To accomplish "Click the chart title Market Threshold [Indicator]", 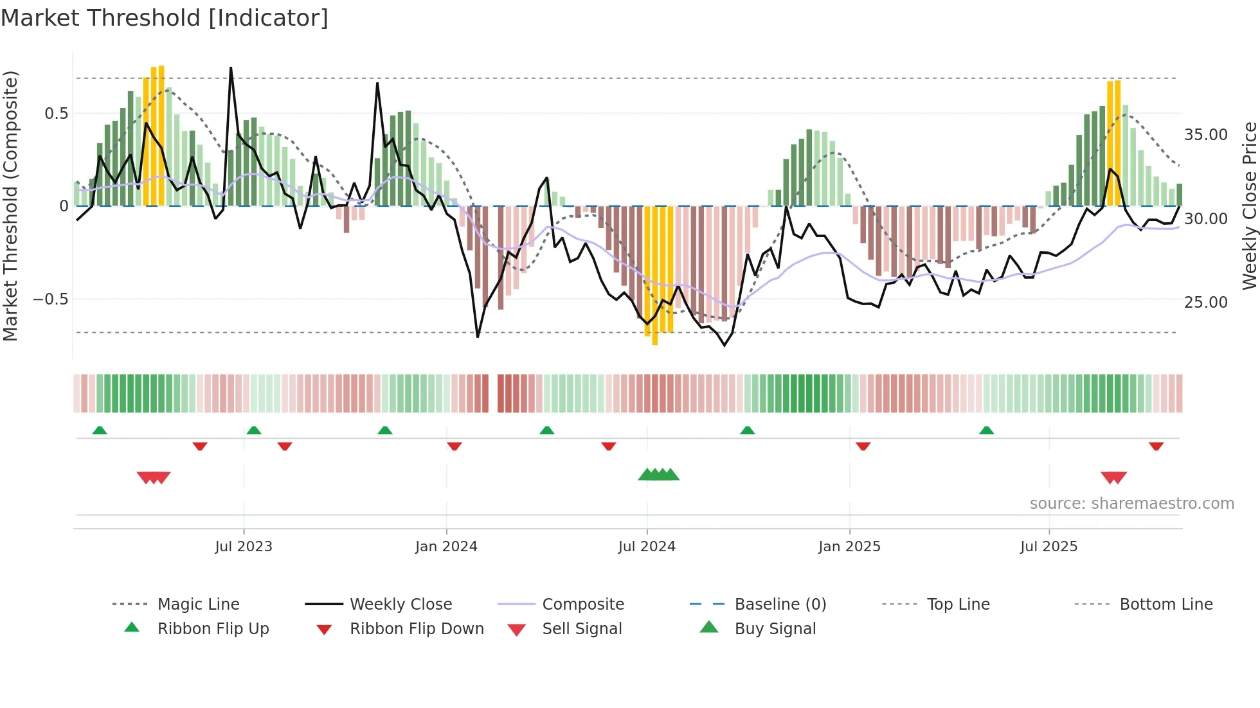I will (x=165, y=18).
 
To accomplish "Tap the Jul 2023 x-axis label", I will (x=244, y=547).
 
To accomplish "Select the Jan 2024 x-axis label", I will (x=446, y=547).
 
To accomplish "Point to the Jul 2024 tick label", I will (x=647, y=547).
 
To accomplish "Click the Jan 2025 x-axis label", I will (x=849, y=547).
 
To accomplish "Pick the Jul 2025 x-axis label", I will (x=1048, y=547).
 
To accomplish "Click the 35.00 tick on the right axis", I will (x=1205, y=135).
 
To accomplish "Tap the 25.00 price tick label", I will (x=1205, y=303).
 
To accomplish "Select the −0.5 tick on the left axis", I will (x=50, y=299).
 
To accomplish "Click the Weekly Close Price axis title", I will (x=1249, y=206).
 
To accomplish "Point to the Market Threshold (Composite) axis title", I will (x=10, y=206).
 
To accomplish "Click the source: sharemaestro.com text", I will (x=1131, y=504).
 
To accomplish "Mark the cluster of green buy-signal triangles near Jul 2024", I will (x=658, y=475).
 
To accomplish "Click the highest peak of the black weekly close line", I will (x=231, y=68).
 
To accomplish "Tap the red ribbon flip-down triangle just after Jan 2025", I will (x=863, y=446).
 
